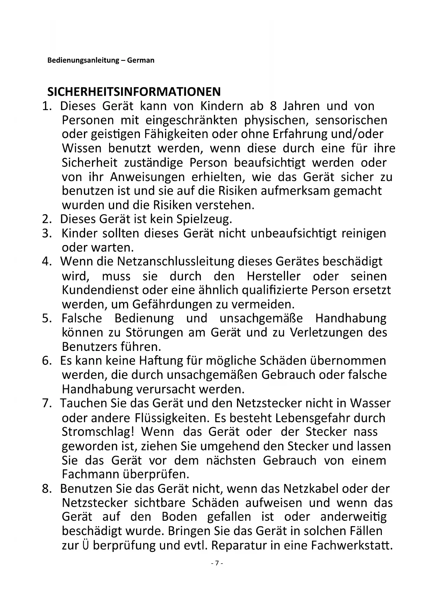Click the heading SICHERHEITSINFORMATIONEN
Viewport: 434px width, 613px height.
point(134,92)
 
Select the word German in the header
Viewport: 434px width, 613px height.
point(141,60)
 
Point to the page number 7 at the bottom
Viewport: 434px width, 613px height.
point(217,563)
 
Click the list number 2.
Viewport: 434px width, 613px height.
point(47,219)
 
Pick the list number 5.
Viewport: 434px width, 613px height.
point(47,318)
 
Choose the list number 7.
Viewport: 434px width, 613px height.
point(47,403)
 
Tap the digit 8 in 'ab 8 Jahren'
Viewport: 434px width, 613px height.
point(273,106)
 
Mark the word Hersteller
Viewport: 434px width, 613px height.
point(273,276)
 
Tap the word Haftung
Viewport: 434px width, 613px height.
point(161,361)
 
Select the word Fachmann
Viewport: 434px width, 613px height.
point(90,474)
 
